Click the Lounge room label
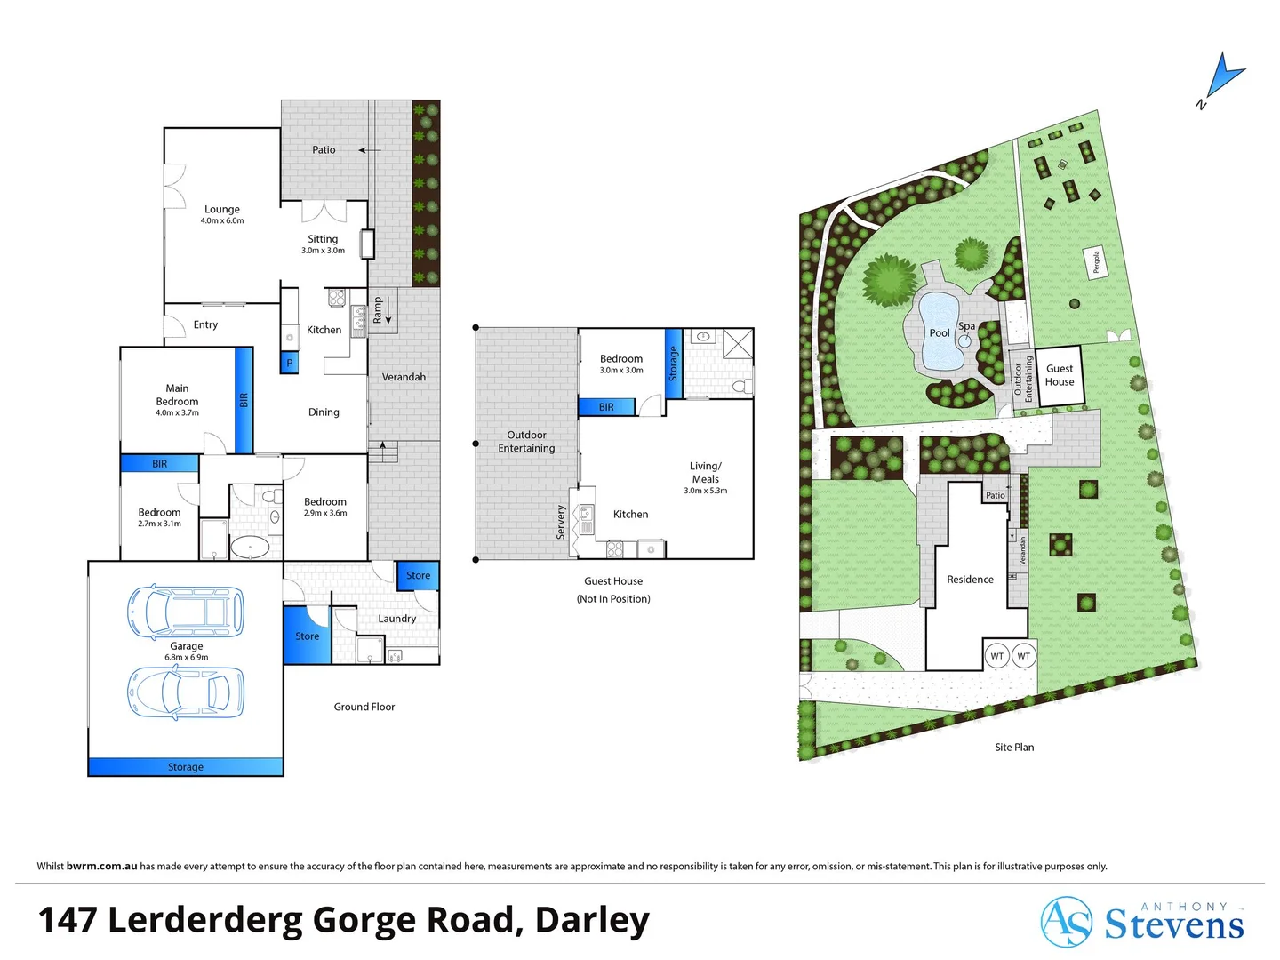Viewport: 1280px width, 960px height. tap(222, 210)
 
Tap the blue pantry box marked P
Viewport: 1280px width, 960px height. tap(289, 363)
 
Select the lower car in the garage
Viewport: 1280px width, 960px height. tap(186, 692)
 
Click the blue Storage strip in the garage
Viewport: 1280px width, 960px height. tap(186, 766)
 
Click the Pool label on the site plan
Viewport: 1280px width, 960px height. tap(940, 333)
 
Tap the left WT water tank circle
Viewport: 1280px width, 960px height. tap(997, 656)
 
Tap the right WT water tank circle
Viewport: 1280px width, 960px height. tap(1024, 656)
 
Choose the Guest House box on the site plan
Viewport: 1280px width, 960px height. tap(1060, 375)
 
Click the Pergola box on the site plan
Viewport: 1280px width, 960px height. tap(1097, 262)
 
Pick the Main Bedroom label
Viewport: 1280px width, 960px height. tap(177, 395)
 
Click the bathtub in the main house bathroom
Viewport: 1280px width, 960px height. tap(250, 547)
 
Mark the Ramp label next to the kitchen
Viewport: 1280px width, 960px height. tap(378, 309)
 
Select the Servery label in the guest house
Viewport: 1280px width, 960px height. tap(561, 522)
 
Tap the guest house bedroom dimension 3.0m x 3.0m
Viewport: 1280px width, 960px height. tap(621, 371)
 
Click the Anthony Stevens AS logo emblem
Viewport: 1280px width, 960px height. tap(1066, 922)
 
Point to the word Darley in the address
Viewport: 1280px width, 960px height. tap(592, 920)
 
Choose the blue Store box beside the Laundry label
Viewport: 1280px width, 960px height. tap(418, 575)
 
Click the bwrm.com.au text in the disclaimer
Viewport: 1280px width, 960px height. tap(101, 866)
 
